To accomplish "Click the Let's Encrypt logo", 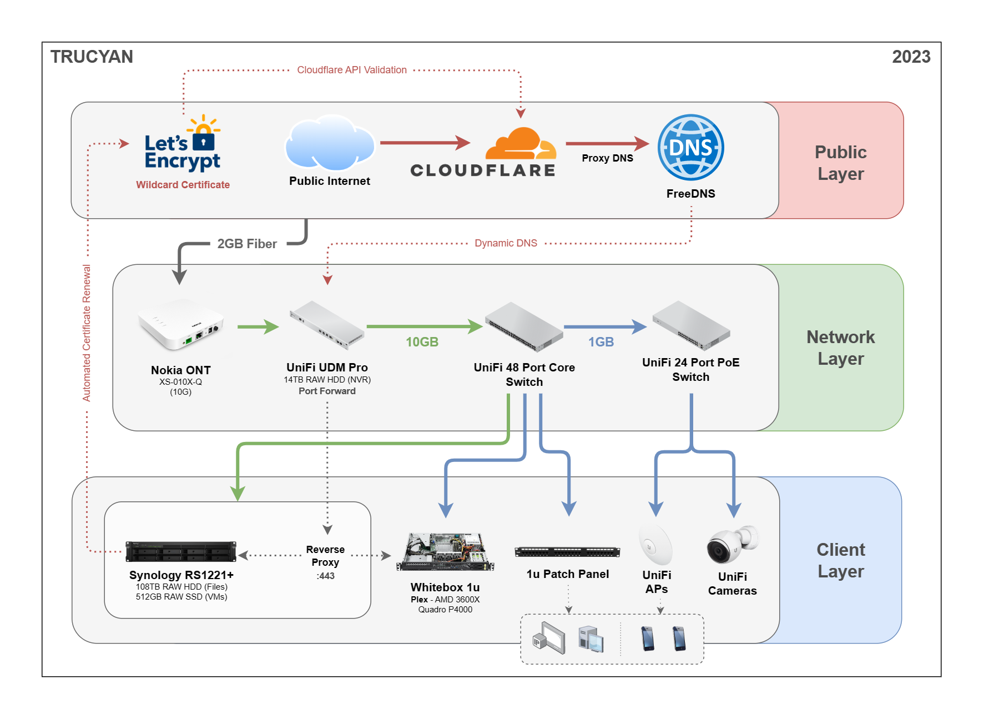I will click(183, 145).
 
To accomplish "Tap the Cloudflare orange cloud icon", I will click(520, 144).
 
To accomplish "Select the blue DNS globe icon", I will click(690, 148).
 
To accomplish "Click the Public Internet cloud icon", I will click(330, 143).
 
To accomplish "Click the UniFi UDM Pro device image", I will click(327, 325).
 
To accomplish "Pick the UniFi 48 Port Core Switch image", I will click(524, 326).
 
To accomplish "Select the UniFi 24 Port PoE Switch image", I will click(691, 325).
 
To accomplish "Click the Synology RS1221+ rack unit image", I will click(181, 551).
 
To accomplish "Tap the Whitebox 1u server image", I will click(445, 552).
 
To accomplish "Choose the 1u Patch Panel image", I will click(567, 551).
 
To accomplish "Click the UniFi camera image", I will click(732, 545).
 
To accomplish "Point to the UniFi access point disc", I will click(655, 545).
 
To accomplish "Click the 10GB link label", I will click(422, 342).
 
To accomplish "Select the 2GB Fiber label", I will click(247, 244).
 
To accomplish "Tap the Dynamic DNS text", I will click(506, 243).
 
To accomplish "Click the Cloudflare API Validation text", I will click(352, 70).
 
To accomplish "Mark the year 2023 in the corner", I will click(911, 57).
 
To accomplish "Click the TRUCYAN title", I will click(92, 57).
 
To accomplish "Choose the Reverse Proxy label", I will click(325, 556).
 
